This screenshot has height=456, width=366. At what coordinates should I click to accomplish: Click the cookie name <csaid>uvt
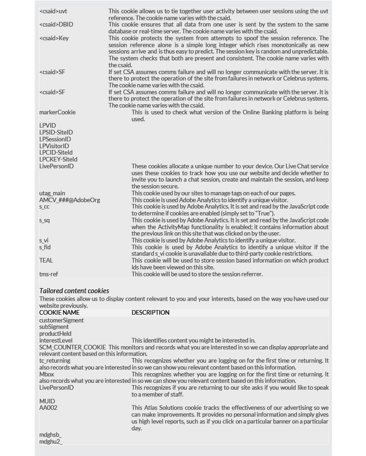point(53,11)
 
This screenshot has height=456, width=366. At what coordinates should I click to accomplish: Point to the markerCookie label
point(58,112)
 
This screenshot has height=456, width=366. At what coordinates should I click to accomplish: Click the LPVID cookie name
point(48,125)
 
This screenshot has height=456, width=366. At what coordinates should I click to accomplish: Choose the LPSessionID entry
point(55,139)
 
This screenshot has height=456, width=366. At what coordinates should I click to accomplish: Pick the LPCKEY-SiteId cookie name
point(58,159)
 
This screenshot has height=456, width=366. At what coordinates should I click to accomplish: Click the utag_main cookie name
point(52,193)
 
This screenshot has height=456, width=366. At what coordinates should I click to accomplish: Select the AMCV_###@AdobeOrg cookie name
point(69,200)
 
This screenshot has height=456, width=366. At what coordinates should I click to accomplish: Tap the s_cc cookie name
point(44,207)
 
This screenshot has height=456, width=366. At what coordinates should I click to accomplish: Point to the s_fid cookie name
point(45,247)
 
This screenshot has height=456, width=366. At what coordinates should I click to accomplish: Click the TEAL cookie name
point(46,260)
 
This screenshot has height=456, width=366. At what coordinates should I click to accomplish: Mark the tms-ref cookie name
point(48,274)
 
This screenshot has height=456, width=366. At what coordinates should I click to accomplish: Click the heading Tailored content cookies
point(74,290)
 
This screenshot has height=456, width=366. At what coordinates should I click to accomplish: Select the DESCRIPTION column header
point(150,313)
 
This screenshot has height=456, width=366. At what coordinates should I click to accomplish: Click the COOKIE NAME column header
point(59,313)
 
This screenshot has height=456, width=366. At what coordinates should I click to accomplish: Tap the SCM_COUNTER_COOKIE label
point(73,348)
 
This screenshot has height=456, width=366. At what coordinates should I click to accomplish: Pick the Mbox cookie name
point(47,374)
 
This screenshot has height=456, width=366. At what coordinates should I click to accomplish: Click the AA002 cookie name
point(48,408)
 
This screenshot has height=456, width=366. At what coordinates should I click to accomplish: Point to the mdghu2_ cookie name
point(51,441)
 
